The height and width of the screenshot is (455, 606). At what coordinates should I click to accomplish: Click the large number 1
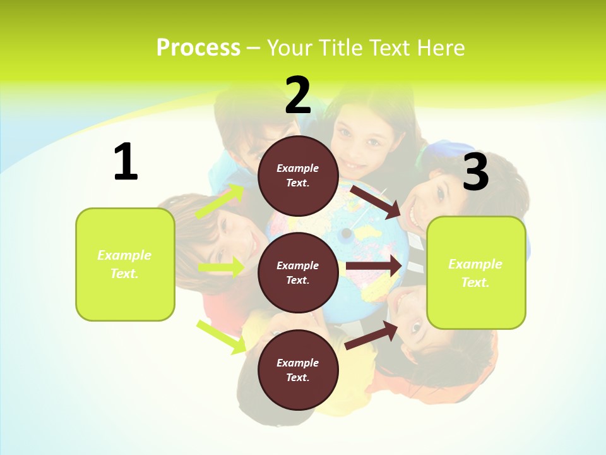126,162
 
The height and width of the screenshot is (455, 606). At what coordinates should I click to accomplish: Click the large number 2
298,95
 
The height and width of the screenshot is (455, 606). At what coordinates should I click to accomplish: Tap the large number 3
476,172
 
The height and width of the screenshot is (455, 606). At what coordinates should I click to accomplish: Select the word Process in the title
198,47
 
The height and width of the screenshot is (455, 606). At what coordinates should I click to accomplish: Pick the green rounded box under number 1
125,264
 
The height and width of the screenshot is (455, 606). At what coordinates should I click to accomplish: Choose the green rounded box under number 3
476,272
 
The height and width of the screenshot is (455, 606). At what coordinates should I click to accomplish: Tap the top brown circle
298,176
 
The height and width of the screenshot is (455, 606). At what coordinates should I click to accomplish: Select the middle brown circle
298,272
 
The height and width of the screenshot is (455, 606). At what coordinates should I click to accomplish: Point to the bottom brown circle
298,370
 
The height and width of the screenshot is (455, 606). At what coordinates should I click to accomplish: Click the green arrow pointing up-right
220,202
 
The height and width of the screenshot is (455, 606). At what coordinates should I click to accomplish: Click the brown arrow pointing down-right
375,202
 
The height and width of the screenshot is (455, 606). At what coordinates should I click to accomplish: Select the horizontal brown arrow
373,266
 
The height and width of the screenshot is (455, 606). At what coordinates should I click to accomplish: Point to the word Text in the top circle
297,183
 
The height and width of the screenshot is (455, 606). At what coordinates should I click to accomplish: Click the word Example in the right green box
475,264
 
